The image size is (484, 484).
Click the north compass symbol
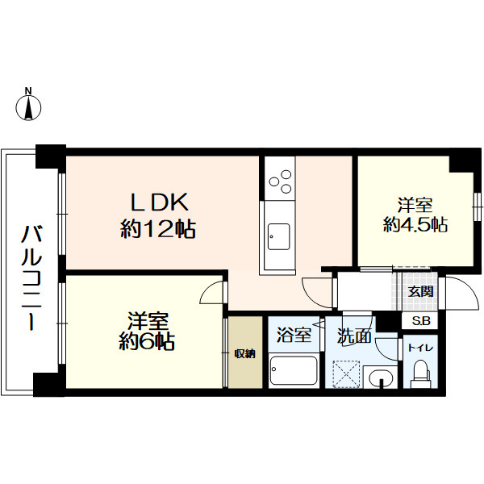[30, 106]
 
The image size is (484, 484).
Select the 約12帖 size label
[158, 229]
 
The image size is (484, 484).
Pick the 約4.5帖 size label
[415, 224]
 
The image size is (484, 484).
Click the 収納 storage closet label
[245, 353]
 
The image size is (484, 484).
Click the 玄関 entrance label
[419, 292]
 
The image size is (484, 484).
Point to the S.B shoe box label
[421, 321]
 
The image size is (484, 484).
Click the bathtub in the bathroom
[294, 371]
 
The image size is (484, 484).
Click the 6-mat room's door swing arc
[211, 292]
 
